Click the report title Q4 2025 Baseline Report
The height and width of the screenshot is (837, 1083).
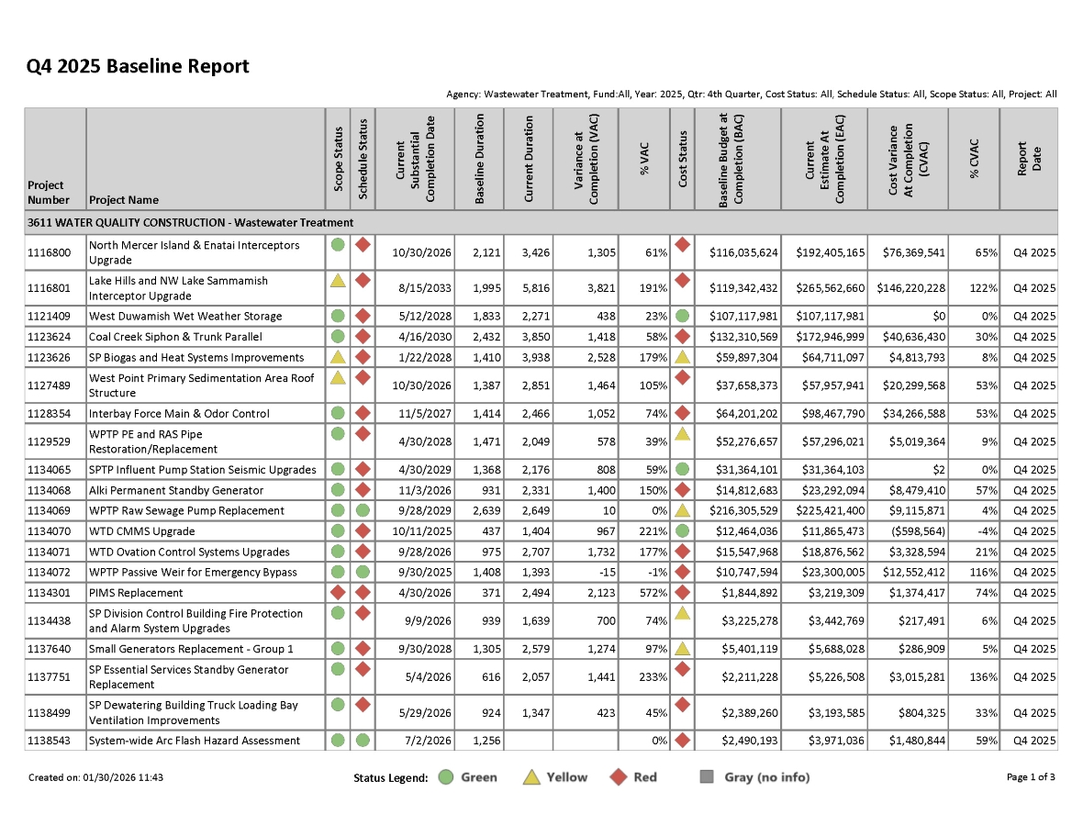pyautogui.click(x=138, y=66)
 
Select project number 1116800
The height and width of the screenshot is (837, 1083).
pyautogui.click(x=49, y=252)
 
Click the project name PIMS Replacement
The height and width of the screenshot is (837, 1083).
pyautogui.click(x=136, y=593)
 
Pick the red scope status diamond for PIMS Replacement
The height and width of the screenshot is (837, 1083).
pyautogui.click(x=338, y=592)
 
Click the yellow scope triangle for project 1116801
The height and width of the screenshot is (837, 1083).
pyautogui.click(x=338, y=280)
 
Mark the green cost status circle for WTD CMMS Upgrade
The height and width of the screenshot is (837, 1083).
pyautogui.click(x=682, y=530)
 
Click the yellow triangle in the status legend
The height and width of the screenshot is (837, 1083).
pyautogui.click(x=530, y=777)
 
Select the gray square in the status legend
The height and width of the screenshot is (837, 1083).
pyautogui.click(x=707, y=777)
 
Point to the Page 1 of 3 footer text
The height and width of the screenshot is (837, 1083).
pyautogui.click(x=1031, y=777)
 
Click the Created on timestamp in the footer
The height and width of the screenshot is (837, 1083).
pyautogui.click(x=95, y=777)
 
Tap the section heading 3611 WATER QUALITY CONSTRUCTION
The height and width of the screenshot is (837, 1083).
pyautogui.click(x=190, y=223)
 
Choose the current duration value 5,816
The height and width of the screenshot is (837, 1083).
pyautogui.click(x=530, y=288)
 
